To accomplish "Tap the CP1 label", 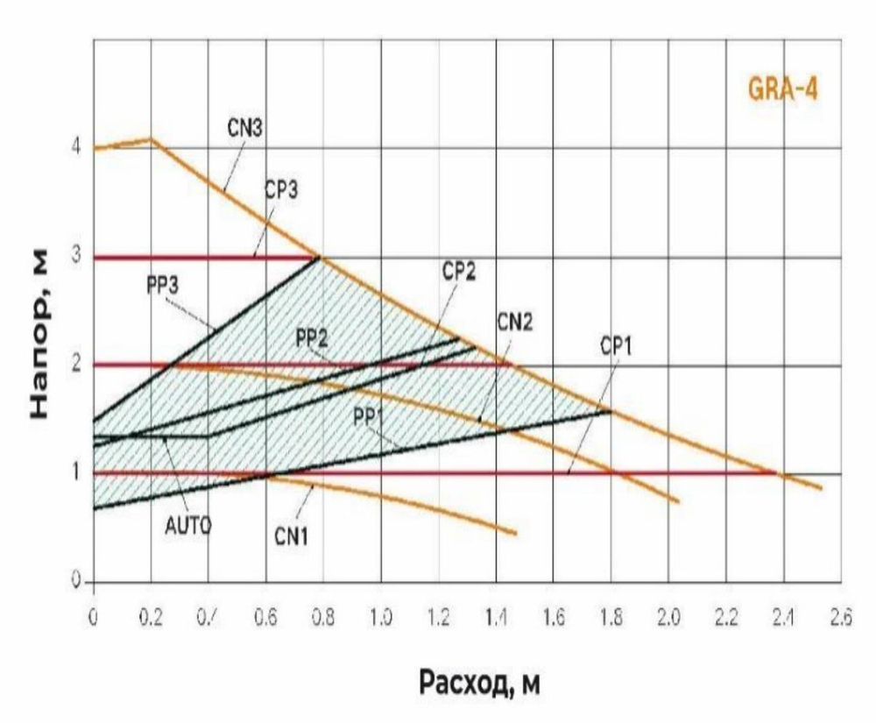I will [618, 346].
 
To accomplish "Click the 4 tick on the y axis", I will [76, 147].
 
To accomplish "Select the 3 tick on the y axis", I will [76, 258].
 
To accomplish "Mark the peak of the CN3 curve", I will [152, 138].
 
